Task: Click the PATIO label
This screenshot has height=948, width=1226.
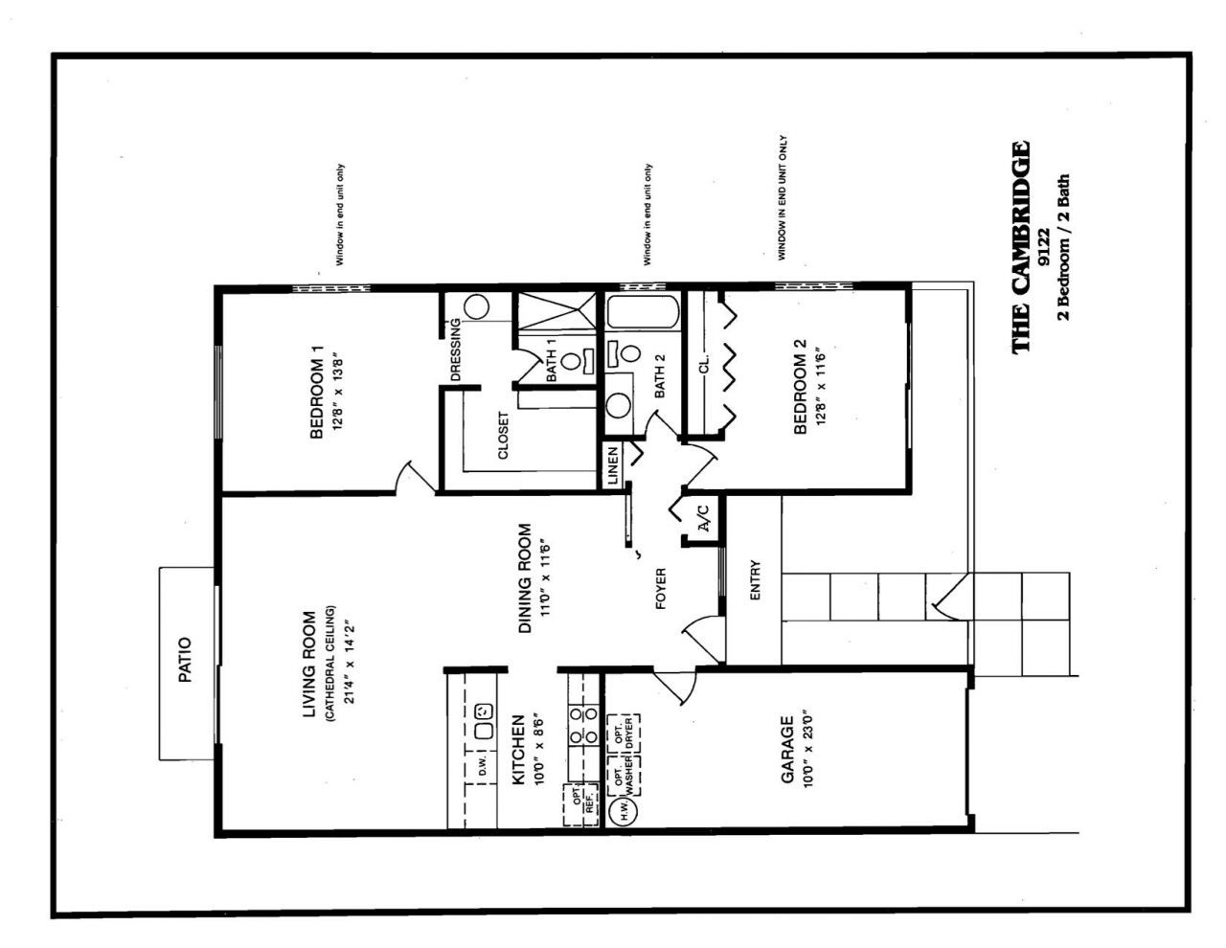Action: (186, 660)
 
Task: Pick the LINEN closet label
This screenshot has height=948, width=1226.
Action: (613, 465)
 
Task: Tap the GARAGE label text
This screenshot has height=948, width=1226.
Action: (787, 749)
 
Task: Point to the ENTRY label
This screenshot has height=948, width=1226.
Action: (755, 580)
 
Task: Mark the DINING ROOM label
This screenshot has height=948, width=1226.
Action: (525, 578)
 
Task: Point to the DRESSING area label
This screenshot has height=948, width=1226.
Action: (456, 350)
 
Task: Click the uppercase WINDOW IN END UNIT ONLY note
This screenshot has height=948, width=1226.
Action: (783, 198)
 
